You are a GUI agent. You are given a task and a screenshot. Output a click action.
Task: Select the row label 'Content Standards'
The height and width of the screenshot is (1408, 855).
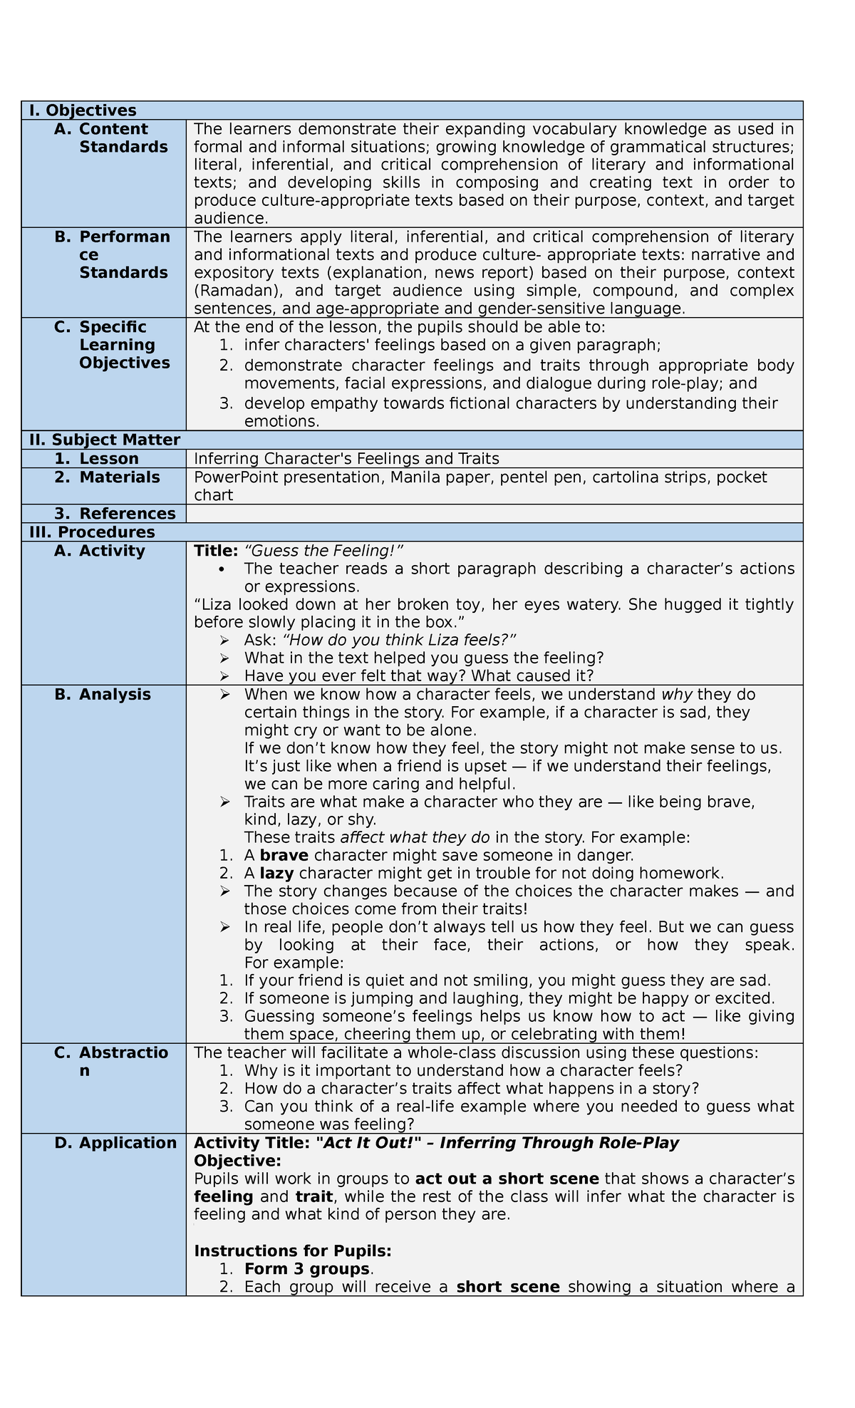(123, 138)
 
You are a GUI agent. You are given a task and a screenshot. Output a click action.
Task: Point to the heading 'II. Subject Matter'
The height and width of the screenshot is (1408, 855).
(104, 440)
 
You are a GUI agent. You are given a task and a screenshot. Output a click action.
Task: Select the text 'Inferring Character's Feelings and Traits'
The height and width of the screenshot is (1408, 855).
(346, 459)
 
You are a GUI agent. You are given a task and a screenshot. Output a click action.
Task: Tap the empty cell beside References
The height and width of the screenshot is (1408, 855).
(494, 514)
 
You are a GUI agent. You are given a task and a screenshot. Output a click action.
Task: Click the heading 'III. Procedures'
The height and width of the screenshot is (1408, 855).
(92, 532)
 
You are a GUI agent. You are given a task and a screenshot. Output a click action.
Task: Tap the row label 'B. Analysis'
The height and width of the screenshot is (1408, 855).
(103, 695)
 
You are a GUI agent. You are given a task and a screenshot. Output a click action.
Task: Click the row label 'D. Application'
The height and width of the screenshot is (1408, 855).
(115, 1143)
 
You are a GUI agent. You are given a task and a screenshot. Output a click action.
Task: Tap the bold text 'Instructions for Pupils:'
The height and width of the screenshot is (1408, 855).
(293, 1251)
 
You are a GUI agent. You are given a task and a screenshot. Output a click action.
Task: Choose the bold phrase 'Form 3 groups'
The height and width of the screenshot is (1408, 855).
(306, 1269)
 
